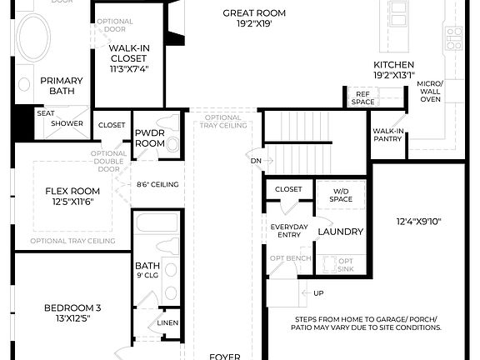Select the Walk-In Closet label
click(128, 59)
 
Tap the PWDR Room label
click(150, 137)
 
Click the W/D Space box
click(340, 195)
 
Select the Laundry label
click(341, 232)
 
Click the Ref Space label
click(362, 97)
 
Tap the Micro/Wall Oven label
click(430, 92)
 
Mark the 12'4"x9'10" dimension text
click(418, 221)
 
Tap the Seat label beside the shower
click(45, 112)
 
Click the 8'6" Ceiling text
click(160, 184)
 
